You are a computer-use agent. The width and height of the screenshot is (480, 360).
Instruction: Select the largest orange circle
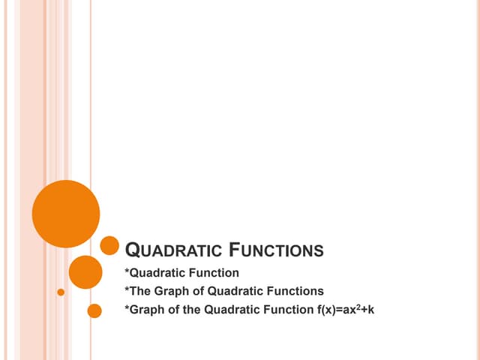pos(66,214)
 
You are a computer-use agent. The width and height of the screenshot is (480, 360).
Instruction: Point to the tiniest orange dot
pos(61,291)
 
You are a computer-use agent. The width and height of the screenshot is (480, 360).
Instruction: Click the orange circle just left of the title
pos(109,245)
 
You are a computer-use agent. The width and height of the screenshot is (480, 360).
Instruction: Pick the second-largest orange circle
pos(85,272)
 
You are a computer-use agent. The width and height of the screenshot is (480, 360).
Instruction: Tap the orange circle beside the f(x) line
pos(94,310)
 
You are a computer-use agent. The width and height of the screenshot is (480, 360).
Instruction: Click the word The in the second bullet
pos(138,291)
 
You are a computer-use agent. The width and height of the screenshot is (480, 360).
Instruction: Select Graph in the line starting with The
pos(166,291)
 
